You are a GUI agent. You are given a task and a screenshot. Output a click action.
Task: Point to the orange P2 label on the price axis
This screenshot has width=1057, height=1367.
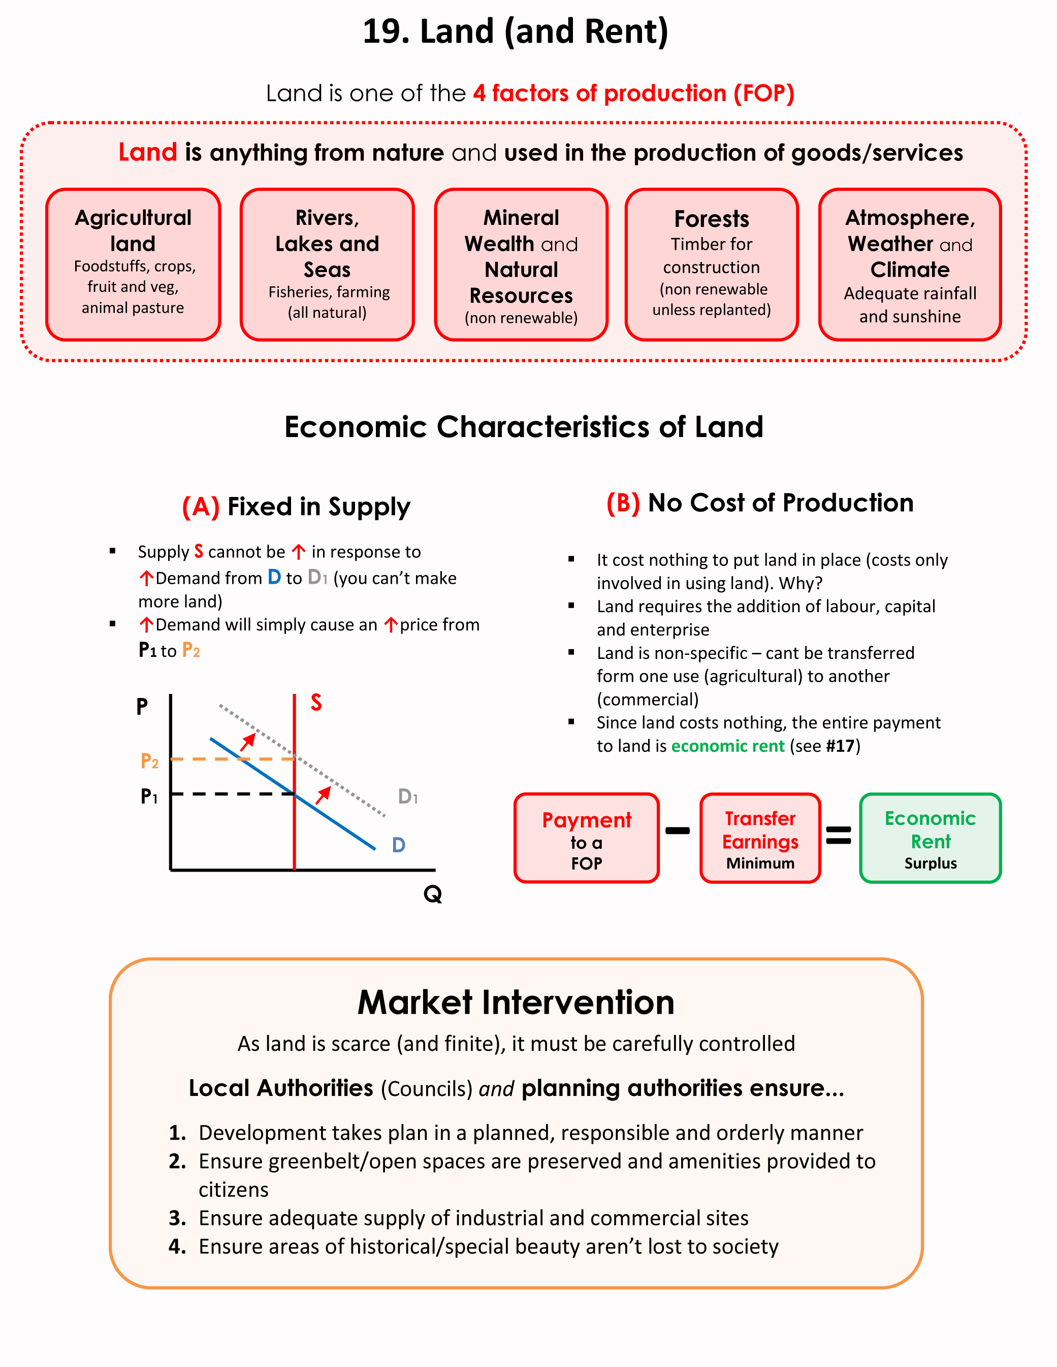[149, 761]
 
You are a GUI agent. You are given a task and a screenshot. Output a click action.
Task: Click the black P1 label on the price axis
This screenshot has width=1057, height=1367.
[149, 796]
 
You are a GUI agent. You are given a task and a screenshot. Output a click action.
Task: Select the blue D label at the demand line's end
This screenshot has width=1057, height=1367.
[398, 845]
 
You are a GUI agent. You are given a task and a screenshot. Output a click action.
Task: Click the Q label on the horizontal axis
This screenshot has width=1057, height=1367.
[433, 894]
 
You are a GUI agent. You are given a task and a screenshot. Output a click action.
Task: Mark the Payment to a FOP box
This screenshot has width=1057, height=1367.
[586, 838]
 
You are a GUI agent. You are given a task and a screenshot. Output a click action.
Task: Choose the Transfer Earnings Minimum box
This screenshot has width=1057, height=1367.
[760, 838]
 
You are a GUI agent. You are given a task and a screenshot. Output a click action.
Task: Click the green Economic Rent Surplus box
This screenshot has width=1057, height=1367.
[931, 838]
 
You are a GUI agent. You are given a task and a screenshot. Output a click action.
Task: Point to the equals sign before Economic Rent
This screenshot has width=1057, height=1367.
[839, 835]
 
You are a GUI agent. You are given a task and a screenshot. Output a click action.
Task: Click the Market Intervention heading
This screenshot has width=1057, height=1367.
[516, 1002]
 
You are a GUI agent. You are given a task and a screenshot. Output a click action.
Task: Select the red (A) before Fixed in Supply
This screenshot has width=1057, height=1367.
[201, 507]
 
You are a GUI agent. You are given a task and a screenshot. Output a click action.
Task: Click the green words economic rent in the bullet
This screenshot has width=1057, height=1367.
[728, 746]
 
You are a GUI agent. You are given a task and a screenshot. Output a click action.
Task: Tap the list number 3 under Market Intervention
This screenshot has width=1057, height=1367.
[177, 1218]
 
